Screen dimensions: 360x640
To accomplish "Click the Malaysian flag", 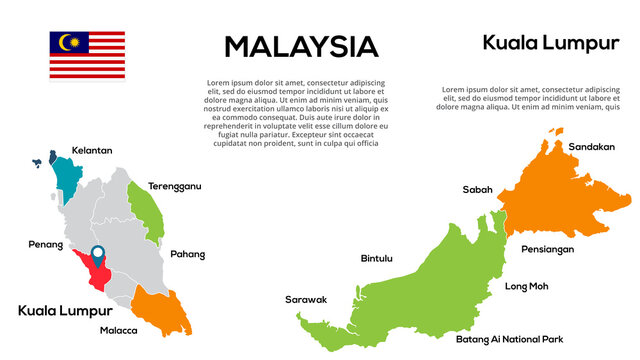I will pyautogui.click(x=87, y=55).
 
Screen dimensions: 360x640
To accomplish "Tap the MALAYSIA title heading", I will pyautogui.click(x=301, y=47).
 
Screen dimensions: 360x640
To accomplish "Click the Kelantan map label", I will pyautogui.click(x=92, y=150).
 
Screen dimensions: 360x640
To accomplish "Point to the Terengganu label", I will pyautogui.click(x=175, y=186).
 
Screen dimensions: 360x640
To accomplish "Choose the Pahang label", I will pyautogui.click(x=187, y=254).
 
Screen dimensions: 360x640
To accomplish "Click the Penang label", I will pyautogui.click(x=45, y=244).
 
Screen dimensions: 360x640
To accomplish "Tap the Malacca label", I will pyautogui.click(x=119, y=330).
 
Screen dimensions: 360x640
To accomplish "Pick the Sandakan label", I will pyautogui.click(x=592, y=147).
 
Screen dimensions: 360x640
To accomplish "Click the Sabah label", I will pyautogui.click(x=477, y=189).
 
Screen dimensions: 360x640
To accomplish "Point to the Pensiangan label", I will pyautogui.click(x=548, y=249).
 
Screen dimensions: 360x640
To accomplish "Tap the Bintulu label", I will pyautogui.click(x=376, y=258).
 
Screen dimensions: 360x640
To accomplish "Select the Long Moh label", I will pyautogui.click(x=526, y=286).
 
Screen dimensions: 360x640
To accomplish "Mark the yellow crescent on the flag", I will pyautogui.click(x=66, y=43).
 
